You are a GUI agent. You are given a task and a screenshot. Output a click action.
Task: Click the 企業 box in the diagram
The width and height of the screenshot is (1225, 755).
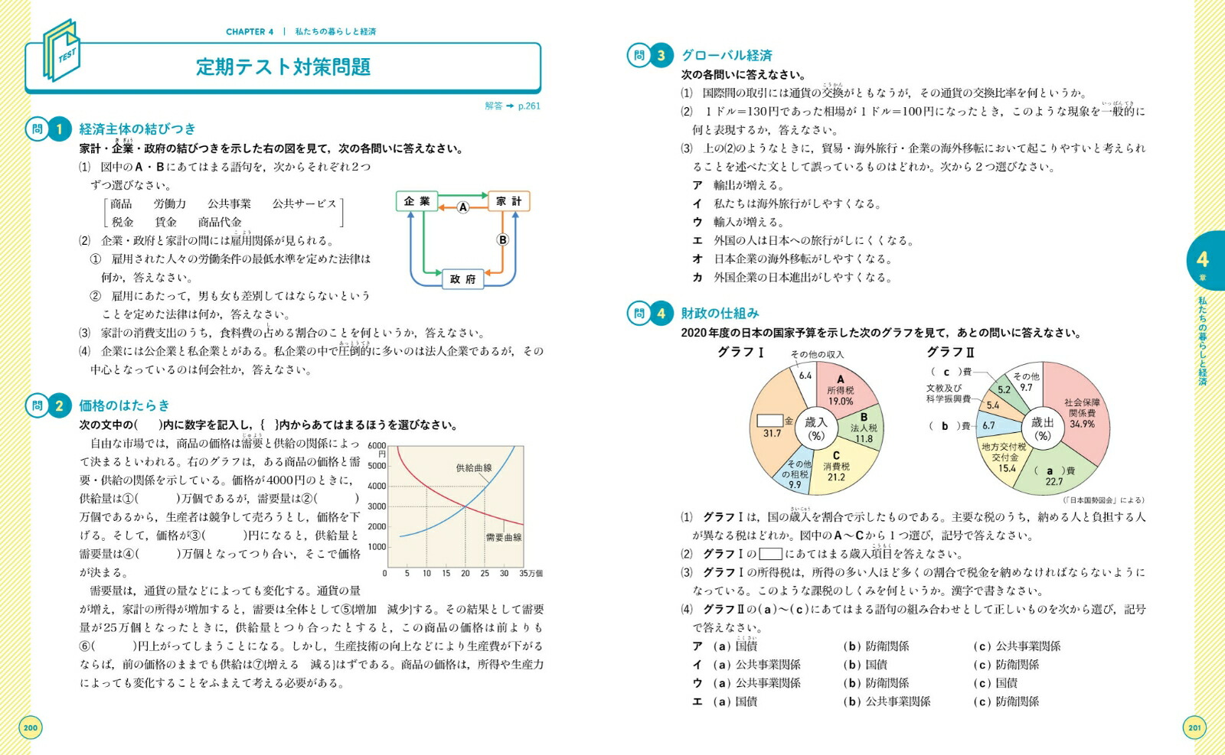416,201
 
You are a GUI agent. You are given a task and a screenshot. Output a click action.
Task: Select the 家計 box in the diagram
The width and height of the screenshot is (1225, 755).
508,201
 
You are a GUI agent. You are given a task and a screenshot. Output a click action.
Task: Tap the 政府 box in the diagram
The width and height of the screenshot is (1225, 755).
462,279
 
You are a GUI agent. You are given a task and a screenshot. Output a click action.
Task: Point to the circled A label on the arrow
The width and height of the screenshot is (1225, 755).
462,207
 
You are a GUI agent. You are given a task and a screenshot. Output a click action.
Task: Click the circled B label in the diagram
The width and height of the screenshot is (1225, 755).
502,239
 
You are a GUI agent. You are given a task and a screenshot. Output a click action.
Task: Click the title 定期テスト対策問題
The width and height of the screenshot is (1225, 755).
283,67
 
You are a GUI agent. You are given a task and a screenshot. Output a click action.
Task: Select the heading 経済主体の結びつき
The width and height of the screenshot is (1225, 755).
137,129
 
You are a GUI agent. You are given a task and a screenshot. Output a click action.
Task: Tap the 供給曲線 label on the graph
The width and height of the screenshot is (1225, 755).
474,467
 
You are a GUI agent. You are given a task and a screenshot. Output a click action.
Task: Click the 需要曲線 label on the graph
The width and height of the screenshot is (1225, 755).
504,537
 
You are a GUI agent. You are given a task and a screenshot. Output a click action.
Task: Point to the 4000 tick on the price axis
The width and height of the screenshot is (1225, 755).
377,486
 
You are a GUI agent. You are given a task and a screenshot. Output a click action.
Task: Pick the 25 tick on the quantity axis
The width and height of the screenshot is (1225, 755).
485,573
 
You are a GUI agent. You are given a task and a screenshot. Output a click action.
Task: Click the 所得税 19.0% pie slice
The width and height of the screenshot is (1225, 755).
840,390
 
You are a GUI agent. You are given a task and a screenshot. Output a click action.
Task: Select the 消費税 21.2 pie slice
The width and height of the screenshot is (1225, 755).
836,466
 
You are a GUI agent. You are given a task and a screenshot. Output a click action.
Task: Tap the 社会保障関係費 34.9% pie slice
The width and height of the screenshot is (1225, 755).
1082,413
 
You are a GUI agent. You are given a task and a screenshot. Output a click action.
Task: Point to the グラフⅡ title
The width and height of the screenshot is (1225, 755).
950,352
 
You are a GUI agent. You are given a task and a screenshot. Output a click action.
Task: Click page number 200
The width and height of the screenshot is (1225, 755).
31,727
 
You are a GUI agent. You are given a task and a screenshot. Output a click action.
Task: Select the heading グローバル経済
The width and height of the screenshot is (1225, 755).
727,55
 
